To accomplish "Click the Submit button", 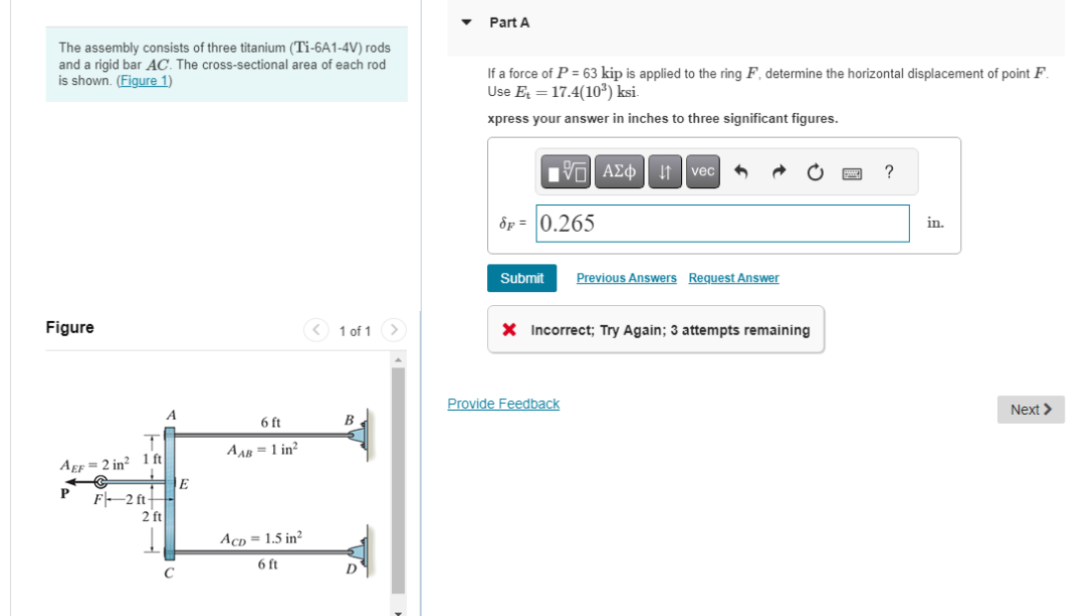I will (x=522, y=278).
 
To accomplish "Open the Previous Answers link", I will (x=626, y=278).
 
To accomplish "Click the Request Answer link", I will (x=734, y=278).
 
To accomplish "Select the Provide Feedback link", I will (x=503, y=404).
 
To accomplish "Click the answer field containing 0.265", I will (x=722, y=223).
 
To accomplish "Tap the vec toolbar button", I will (x=703, y=171).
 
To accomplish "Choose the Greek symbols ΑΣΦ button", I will (x=621, y=171).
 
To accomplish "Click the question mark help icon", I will (x=889, y=171).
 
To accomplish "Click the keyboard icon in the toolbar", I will (x=851, y=172).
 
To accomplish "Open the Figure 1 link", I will (x=145, y=81).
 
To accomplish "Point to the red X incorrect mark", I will (x=508, y=331).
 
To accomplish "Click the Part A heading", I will (x=509, y=22).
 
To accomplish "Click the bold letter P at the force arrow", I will (x=65, y=492).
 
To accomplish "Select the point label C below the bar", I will (x=169, y=572).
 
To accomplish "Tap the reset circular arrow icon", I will (x=814, y=172).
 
